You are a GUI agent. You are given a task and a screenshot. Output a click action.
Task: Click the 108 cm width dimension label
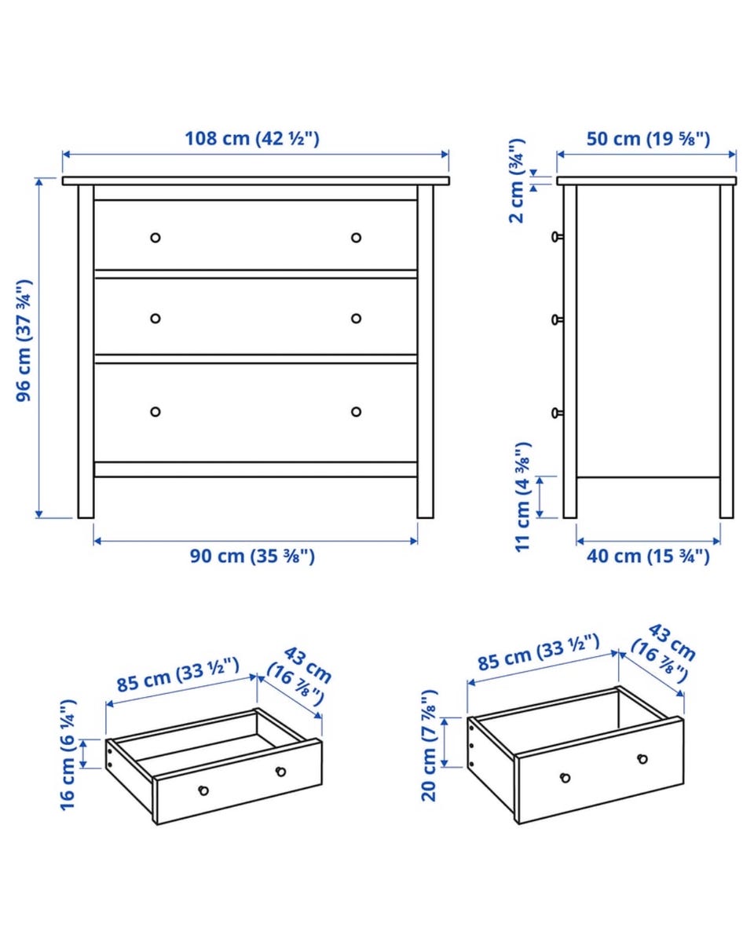point(252,139)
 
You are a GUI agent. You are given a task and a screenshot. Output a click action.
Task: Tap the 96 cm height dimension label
point(24,341)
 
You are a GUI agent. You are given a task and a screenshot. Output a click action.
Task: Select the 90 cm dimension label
point(252,557)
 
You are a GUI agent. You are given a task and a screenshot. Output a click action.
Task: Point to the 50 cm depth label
point(648,139)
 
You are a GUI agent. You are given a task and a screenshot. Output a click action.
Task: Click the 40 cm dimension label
point(648,557)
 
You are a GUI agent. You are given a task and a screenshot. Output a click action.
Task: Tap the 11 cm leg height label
point(523,497)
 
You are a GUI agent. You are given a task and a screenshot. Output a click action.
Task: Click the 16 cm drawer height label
point(68,755)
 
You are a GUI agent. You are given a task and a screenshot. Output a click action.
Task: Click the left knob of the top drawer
point(155,238)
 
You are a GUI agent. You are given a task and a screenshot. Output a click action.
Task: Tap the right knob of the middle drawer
point(356,319)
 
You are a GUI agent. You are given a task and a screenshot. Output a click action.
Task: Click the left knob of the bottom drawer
point(155,411)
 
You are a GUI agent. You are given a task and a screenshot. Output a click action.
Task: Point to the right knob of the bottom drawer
point(356,411)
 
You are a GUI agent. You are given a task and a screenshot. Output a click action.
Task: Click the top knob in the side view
point(557,237)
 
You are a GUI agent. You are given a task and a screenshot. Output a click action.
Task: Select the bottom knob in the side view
point(557,413)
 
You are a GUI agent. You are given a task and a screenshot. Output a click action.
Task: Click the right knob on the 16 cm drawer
point(281,772)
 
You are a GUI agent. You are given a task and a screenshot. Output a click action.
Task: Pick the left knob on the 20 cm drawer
point(565,777)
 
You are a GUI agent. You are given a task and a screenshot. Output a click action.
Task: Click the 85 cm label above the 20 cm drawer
point(539,653)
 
